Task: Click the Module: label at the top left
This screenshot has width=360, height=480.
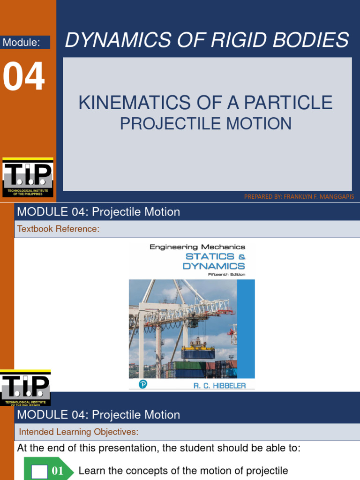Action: [x=21, y=43]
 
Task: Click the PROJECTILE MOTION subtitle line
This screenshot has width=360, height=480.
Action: [x=206, y=124]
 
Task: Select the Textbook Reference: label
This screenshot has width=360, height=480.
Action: [x=58, y=229]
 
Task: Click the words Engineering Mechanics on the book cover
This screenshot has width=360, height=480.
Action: [x=197, y=247]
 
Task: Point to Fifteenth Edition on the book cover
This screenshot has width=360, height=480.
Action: [x=226, y=275]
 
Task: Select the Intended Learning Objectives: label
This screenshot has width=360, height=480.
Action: [x=78, y=432]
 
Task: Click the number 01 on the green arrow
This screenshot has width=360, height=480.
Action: [x=57, y=471]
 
